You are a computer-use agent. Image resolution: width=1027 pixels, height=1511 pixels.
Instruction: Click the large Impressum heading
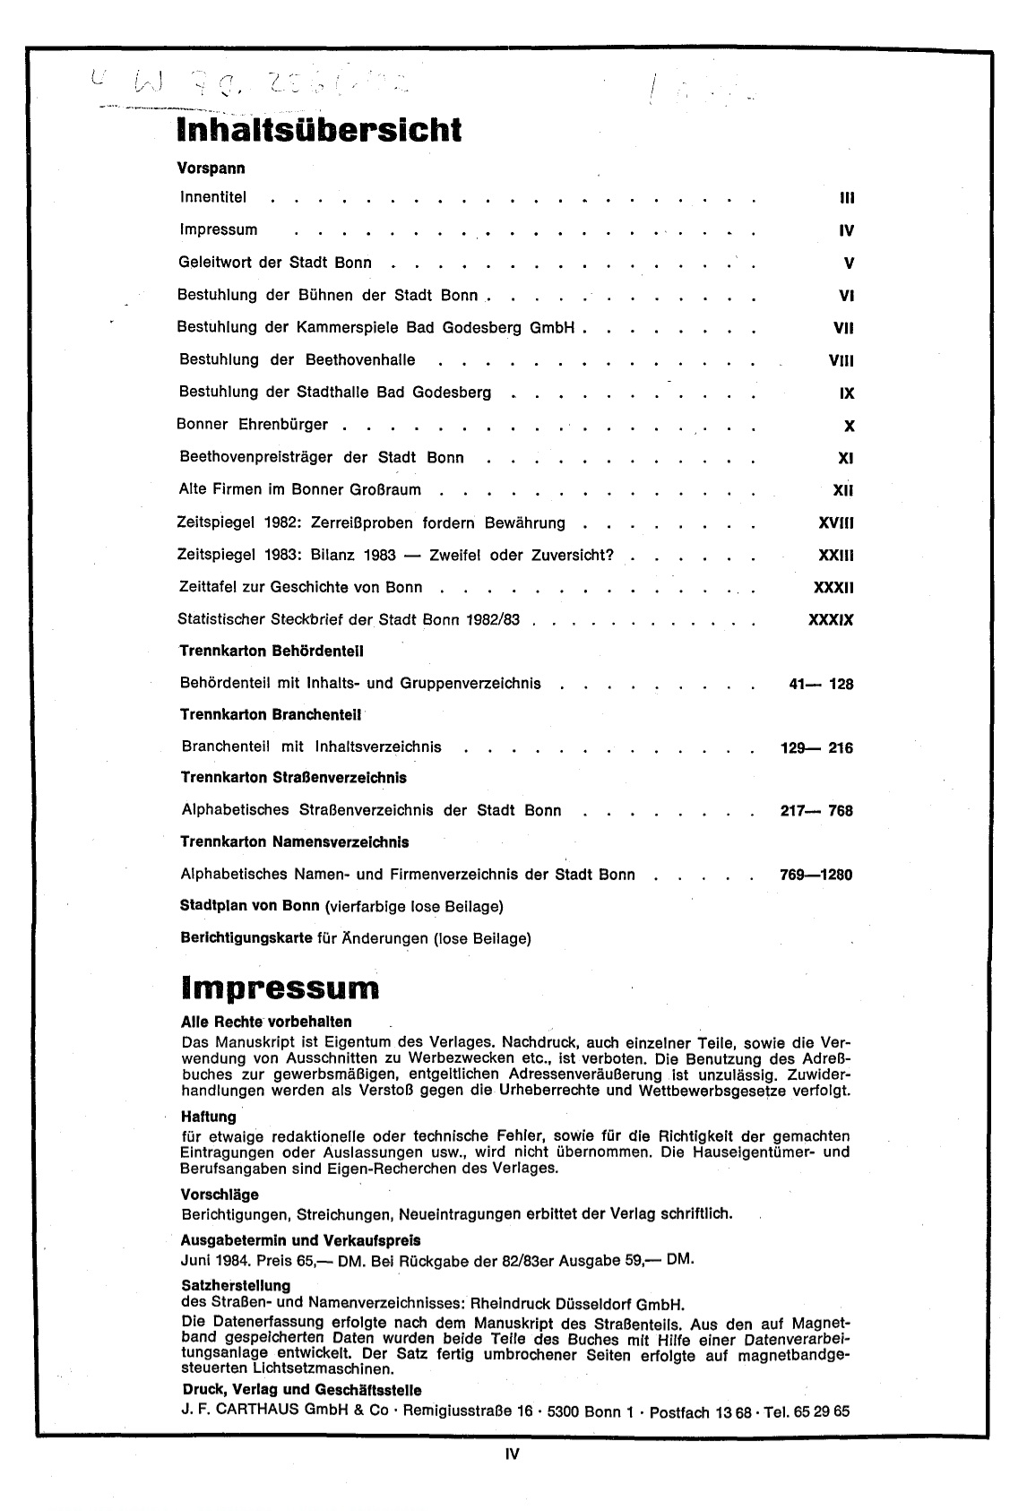(x=280, y=988)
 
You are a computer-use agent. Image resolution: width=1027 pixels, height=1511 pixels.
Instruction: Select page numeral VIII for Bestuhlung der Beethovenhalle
(x=841, y=360)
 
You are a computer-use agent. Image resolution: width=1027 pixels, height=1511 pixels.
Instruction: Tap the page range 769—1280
(x=816, y=875)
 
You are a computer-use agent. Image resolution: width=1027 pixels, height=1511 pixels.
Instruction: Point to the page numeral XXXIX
(x=831, y=619)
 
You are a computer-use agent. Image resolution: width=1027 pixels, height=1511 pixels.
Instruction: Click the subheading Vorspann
(x=212, y=168)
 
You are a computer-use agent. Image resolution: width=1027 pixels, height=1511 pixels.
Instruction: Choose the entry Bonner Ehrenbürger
(x=253, y=425)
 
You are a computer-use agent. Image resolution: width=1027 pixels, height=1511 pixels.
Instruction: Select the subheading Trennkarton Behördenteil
(x=272, y=651)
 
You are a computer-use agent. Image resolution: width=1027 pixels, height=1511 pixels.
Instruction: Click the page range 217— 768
(x=816, y=811)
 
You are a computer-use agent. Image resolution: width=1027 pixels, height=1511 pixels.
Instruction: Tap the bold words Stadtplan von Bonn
(x=244, y=906)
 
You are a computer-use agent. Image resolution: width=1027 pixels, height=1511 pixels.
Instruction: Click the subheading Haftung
(x=208, y=1117)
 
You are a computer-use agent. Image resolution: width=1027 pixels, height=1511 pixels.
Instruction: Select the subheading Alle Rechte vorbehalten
(x=266, y=1022)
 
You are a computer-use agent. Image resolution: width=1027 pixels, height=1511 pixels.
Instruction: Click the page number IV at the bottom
(x=513, y=1455)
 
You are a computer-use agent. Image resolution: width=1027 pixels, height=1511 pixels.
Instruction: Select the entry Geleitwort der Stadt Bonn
(x=275, y=263)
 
